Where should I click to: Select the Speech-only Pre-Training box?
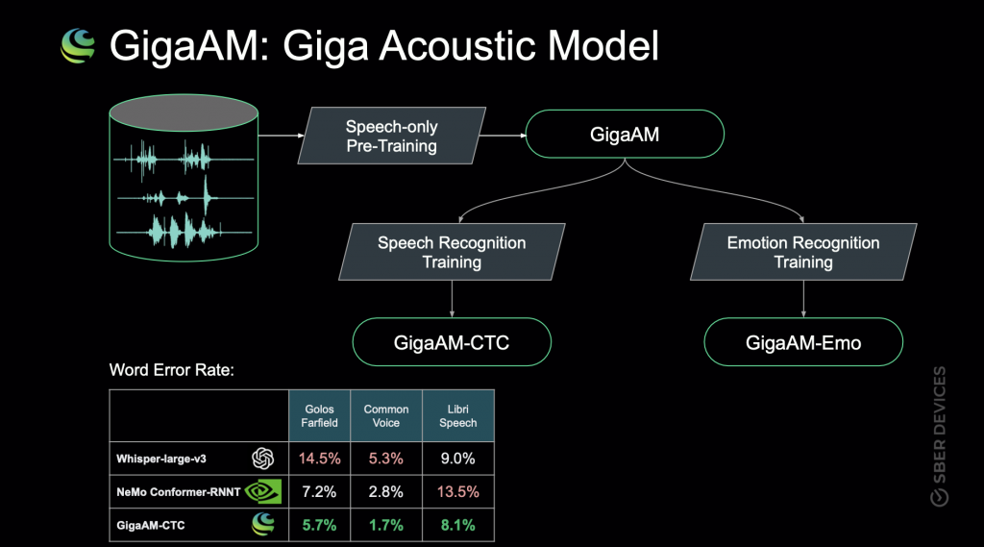391,137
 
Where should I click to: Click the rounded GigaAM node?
624,136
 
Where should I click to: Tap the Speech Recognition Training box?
452,252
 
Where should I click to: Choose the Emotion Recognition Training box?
803,252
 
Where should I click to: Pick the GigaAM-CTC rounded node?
452,343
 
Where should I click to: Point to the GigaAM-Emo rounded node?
803,343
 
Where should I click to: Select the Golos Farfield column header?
320,415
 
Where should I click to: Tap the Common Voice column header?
385,415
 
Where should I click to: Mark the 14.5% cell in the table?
320,459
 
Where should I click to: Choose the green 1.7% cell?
385,524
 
